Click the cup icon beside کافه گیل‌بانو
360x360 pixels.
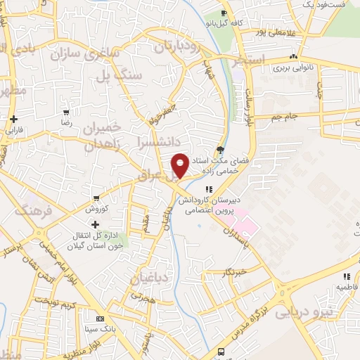pyautogui.click(x=224, y=13)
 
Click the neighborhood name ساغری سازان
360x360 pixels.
pyautogui.click(x=101, y=52)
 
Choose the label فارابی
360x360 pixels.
pyautogui.click(x=14, y=130)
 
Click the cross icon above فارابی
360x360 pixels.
pyautogui.click(x=14, y=119)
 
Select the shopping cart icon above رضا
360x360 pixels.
pyautogui.click(x=66, y=112)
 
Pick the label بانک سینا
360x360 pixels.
pyautogui.click(x=100, y=328)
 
